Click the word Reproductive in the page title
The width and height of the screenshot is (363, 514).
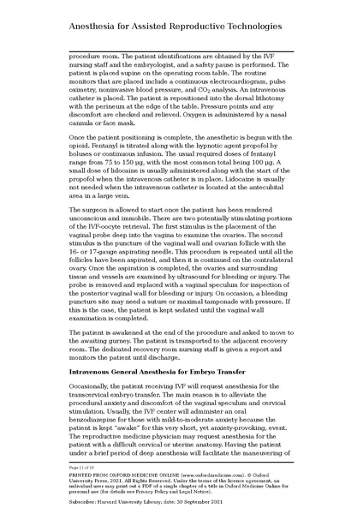[x=205, y=29]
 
